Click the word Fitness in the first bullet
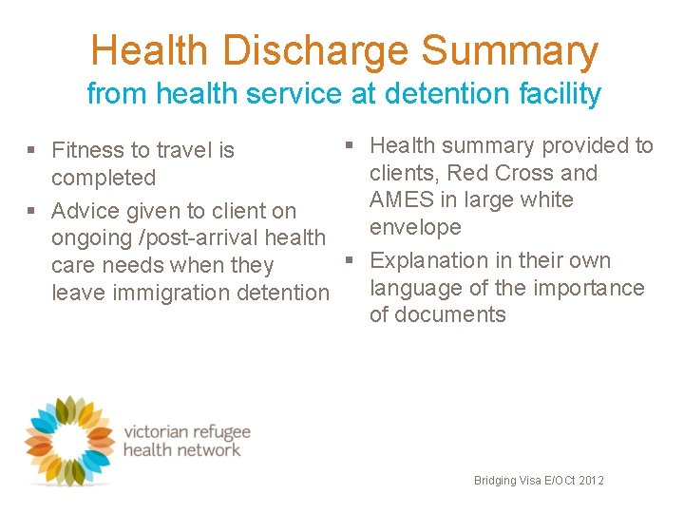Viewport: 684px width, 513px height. pyautogui.click(x=87, y=150)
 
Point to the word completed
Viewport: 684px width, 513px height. pyautogui.click(x=104, y=178)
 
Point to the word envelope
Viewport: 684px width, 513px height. pyautogui.click(x=415, y=227)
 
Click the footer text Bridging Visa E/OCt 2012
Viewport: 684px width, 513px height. pyautogui.click(x=539, y=481)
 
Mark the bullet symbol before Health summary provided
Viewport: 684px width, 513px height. pyautogui.click(x=349, y=145)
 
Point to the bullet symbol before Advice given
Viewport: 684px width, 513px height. pyautogui.click(x=31, y=211)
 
